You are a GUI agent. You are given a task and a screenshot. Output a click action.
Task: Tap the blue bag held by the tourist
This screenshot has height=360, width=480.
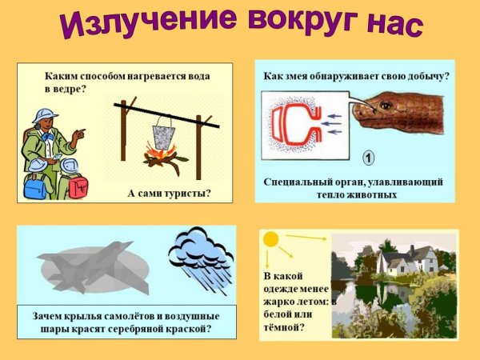(x=35, y=186)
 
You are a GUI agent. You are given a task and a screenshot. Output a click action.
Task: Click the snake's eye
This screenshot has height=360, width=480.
(x=386, y=105)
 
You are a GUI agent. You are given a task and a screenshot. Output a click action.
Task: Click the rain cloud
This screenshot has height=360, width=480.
(x=199, y=252)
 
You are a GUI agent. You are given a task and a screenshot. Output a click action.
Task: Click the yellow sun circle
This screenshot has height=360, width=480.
(x=270, y=239)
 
